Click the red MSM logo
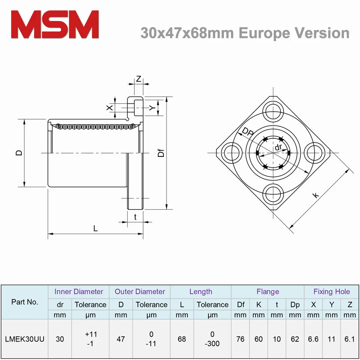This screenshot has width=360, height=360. (55, 24)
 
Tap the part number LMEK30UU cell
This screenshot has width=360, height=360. (25, 339)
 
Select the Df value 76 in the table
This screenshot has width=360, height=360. (240, 339)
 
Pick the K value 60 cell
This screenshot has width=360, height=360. (259, 339)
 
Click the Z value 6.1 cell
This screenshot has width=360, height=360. (349, 339)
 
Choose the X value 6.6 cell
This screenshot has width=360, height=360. (313, 339)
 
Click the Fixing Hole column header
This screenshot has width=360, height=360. (331, 291)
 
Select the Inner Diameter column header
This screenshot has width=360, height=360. (79, 291)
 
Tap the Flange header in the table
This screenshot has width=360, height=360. (268, 291)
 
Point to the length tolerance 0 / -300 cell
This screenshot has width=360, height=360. (212, 339)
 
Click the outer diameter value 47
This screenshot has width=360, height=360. (121, 339)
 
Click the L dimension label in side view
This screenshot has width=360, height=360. (95, 228)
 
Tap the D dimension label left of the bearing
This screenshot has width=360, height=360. (19, 153)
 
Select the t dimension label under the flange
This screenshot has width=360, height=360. (135, 216)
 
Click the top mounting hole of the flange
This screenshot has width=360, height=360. (273, 111)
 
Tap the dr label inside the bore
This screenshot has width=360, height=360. (278, 147)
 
